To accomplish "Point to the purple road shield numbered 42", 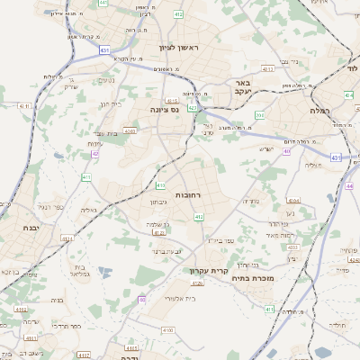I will coord(95,154).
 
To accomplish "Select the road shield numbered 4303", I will coord(130,131).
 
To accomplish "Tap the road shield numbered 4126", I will coord(197,283).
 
